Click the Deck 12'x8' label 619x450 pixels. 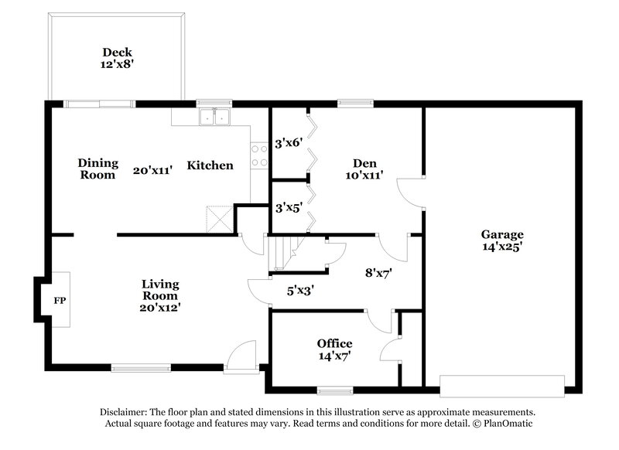(x=117, y=59)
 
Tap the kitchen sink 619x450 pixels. (x=214, y=118)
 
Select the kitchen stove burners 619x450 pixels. (x=258, y=155)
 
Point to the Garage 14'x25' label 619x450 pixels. (x=502, y=240)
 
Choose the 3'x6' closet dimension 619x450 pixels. (x=288, y=143)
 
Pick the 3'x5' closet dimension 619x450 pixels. (x=288, y=207)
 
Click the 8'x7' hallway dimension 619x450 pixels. (x=379, y=272)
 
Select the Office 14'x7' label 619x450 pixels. (x=334, y=349)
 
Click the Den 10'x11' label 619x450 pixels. (x=364, y=169)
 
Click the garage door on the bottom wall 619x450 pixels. (x=502, y=383)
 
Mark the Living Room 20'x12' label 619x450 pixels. (x=160, y=295)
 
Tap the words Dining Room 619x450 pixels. (x=98, y=169)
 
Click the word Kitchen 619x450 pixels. (x=210, y=165)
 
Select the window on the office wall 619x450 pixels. (x=334, y=390)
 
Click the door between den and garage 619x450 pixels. (x=409, y=189)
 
